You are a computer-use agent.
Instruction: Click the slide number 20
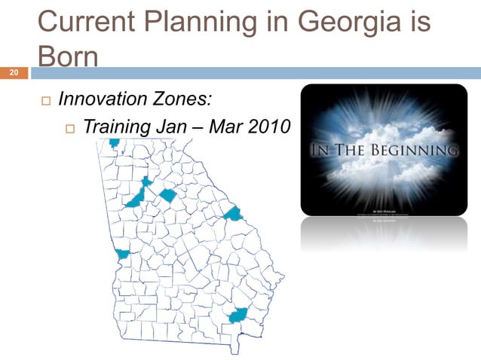pyautogui.click(x=13, y=73)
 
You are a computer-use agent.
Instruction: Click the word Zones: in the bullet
pyautogui.click(x=187, y=98)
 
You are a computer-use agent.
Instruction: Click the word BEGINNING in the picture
pyautogui.click(x=418, y=151)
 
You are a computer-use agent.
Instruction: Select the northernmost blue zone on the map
pyautogui.click(x=114, y=142)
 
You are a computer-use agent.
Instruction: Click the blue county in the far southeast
pyautogui.click(x=238, y=315)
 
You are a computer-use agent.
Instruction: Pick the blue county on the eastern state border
pyautogui.click(x=234, y=214)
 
